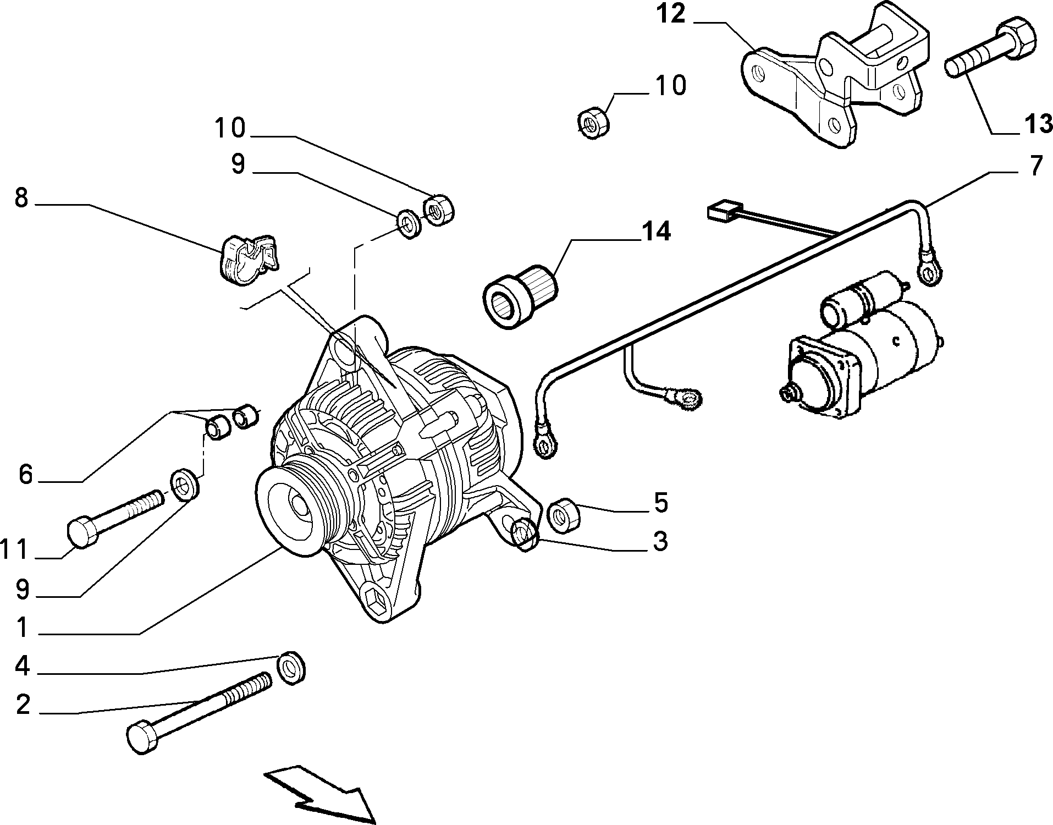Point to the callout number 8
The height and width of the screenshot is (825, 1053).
click(21, 197)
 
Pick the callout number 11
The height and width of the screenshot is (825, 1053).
click(14, 549)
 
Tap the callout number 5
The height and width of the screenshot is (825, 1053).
click(660, 502)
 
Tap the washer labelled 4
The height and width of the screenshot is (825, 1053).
click(291, 667)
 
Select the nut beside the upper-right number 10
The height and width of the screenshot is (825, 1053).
click(594, 124)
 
